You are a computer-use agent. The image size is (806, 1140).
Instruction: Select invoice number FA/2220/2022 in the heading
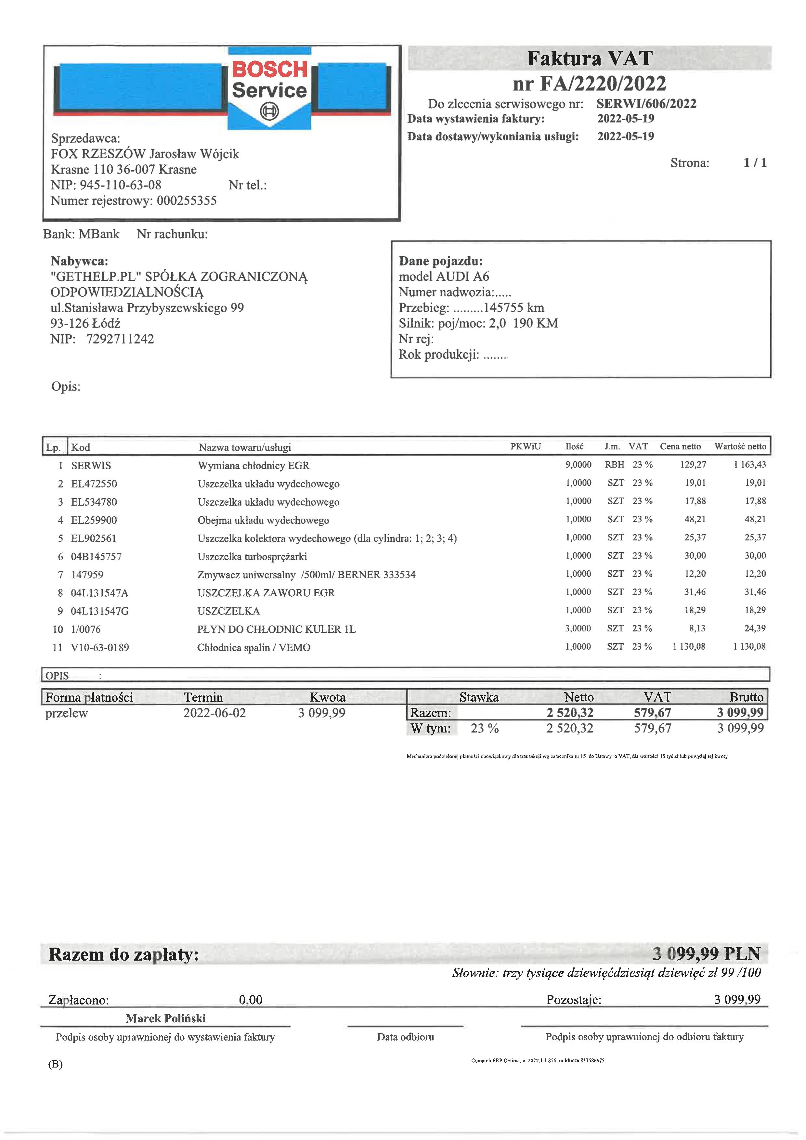590,84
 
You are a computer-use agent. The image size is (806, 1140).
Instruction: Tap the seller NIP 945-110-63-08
120,185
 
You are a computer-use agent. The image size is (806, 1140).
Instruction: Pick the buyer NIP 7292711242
120,339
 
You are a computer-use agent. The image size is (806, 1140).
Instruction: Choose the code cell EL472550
94,484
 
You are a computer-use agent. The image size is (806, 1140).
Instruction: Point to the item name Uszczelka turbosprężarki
252,557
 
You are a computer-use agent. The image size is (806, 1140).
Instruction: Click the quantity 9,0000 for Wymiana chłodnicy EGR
578,465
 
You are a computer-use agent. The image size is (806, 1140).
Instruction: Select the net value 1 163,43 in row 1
749,465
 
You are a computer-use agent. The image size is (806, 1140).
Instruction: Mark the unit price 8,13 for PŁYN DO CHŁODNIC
697,628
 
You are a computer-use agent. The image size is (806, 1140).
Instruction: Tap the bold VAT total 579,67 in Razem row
652,713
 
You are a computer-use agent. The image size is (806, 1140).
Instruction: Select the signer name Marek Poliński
165,1018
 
